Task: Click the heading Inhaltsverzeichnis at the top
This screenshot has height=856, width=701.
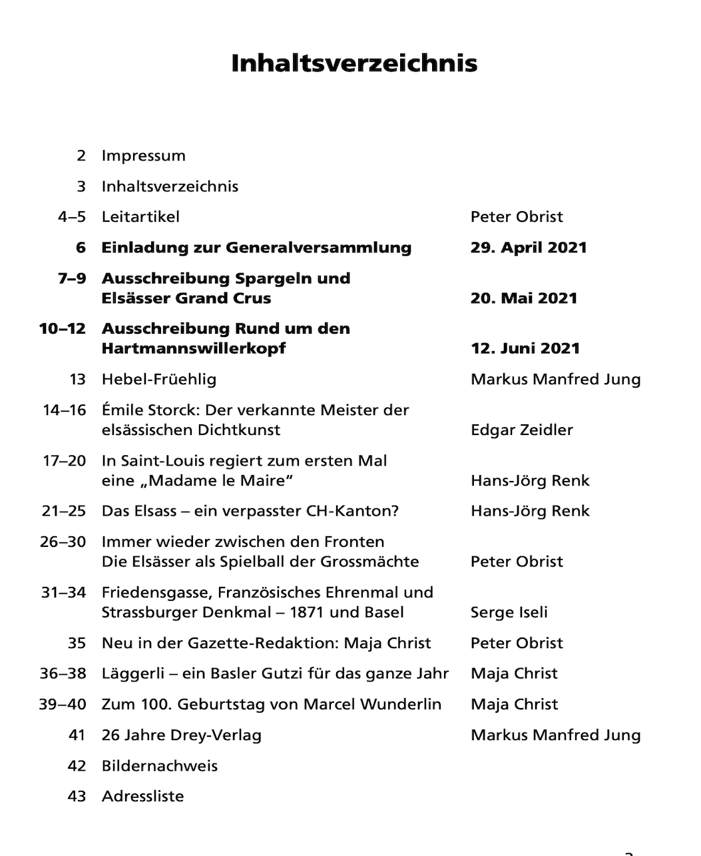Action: click(x=354, y=63)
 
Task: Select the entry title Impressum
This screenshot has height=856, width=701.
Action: click(x=143, y=156)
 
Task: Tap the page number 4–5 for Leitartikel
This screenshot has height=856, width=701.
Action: click(x=72, y=217)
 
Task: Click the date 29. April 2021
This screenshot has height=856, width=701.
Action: click(x=529, y=248)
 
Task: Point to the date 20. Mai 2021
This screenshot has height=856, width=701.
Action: click(x=523, y=298)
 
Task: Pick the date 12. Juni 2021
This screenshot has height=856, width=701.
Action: click(x=525, y=348)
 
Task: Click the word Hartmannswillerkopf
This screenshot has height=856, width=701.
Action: click(x=194, y=348)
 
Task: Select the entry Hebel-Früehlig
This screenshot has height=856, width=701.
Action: click(x=158, y=380)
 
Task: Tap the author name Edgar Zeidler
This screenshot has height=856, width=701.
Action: click(x=521, y=430)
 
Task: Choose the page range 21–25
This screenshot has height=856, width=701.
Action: click(x=64, y=512)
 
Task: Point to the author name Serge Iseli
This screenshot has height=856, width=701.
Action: click(x=509, y=613)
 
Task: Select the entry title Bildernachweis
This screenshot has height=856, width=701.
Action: click(x=159, y=766)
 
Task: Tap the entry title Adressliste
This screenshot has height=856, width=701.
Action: click(x=142, y=797)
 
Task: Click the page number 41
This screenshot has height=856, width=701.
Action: click(x=77, y=735)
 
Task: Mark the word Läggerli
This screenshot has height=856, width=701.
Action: click(x=128, y=674)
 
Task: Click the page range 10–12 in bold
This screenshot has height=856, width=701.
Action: click(x=63, y=329)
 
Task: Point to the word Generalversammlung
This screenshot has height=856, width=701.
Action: click(x=318, y=248)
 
